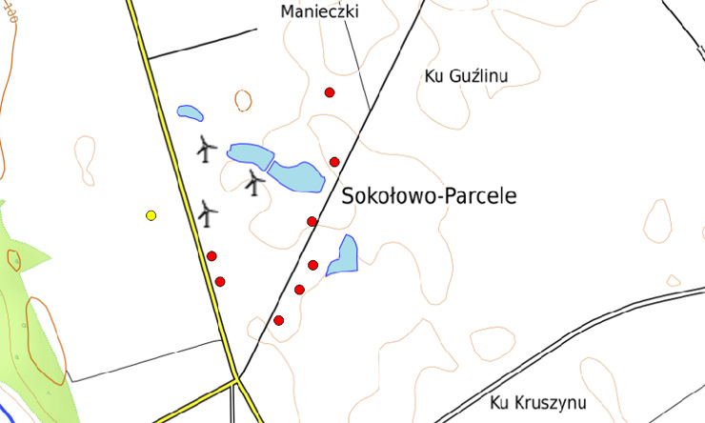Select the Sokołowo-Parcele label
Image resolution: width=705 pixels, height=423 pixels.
428,197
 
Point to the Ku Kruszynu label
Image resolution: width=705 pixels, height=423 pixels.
539,401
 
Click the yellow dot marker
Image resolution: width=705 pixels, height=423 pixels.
151,215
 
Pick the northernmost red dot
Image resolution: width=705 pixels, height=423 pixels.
330,92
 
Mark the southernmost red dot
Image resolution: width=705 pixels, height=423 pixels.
278,320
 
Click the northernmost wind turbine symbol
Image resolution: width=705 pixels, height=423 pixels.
206,148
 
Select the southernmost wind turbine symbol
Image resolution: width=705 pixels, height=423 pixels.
208,212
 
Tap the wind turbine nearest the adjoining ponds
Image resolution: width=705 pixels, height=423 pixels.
253,181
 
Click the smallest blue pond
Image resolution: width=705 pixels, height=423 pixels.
190,113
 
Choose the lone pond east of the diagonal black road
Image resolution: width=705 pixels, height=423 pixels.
343,255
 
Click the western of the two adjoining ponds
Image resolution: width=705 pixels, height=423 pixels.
248,156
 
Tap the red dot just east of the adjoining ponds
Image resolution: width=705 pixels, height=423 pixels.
334,162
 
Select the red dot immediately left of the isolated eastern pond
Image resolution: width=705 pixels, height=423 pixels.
312,265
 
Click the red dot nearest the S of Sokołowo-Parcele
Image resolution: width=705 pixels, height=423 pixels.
312,221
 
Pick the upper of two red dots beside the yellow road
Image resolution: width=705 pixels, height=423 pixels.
211,255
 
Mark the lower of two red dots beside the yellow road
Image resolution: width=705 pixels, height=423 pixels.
220,281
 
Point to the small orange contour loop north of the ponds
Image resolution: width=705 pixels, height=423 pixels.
243,100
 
